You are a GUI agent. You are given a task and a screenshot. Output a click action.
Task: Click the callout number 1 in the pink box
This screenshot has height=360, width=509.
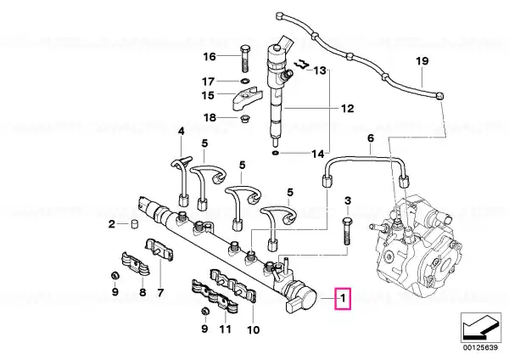point(343,298)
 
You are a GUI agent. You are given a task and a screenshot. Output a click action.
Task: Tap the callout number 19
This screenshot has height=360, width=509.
point(422,61)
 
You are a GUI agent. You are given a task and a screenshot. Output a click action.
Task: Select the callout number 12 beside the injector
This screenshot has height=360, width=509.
point(347,108)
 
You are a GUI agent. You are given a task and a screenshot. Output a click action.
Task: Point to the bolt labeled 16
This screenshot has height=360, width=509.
point(244,59)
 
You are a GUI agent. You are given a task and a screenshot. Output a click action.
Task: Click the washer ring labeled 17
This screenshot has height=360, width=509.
point(245,81)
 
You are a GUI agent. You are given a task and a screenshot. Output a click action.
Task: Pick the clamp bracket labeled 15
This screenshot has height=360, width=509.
point(248,97)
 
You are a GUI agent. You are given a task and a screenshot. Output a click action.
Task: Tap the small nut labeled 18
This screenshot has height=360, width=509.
point(244,119)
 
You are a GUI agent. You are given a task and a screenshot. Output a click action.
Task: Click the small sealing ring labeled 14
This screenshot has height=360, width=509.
point(275,153)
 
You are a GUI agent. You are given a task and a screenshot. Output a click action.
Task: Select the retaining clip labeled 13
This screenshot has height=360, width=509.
point(301,64)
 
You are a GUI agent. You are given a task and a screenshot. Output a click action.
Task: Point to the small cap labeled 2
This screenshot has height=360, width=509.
point(134,224)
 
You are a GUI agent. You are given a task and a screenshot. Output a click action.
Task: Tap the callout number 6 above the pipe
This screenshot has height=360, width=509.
point(371,138)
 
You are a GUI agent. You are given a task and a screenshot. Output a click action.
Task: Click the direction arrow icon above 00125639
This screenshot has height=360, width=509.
point(480,328)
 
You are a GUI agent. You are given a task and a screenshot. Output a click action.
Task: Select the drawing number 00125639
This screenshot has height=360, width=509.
point(480,347)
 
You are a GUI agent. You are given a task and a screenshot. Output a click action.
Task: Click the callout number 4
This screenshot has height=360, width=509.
point(182,132)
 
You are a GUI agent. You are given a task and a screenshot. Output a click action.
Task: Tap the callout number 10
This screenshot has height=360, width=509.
point(253,330)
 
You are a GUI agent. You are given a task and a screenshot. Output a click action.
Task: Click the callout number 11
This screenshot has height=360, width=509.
point(225,329)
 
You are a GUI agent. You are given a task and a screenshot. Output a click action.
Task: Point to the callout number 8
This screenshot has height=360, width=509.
point(143,292)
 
